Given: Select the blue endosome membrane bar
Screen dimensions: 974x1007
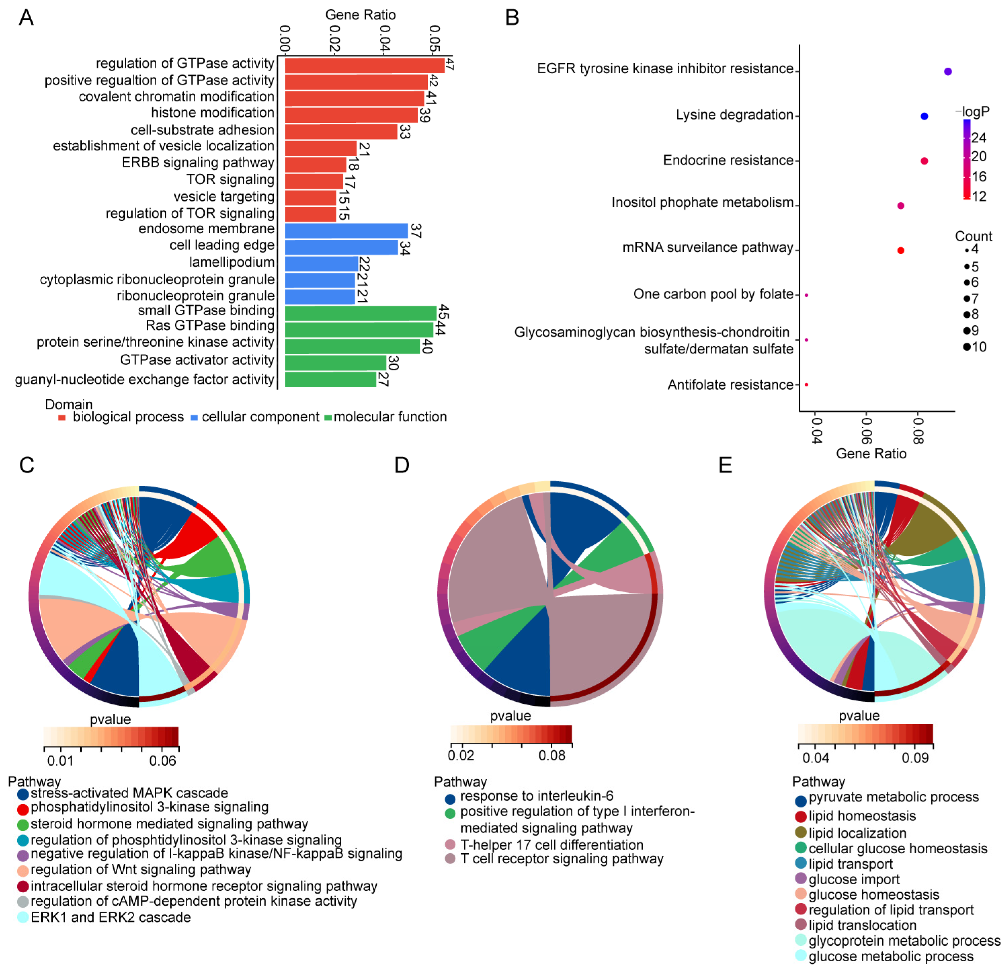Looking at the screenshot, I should [x=346, y=231].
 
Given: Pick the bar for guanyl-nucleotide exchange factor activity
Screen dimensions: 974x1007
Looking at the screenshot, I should [x=330, y=379].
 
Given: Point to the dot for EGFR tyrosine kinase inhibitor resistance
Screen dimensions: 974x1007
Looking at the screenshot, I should [x=948, y=71].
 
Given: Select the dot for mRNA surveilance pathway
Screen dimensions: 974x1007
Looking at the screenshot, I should [x=900, y=250].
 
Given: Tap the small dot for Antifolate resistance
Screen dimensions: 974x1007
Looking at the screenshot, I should [x=806, y=385].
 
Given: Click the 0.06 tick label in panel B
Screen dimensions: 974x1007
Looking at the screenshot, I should [x=867, y=431].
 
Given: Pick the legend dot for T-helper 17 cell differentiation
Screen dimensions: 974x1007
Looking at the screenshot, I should [x=450, y=845].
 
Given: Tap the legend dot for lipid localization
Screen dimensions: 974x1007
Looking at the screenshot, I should [x=800, y=832].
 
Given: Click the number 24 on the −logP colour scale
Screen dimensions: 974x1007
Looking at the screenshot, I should [x=979, y=138].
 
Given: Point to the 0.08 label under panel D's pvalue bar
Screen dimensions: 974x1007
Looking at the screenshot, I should [x=551, y=755].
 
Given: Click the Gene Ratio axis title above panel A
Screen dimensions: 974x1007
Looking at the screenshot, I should [x=360, y=15].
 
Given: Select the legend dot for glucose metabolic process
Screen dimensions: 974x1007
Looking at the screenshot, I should [x=800, y=956].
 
